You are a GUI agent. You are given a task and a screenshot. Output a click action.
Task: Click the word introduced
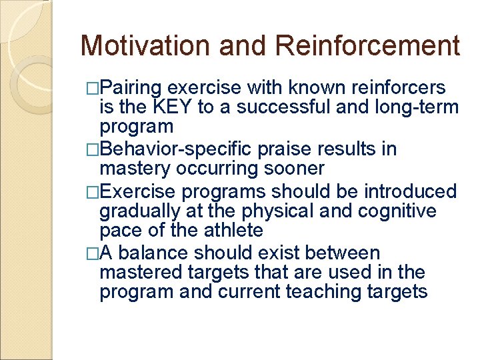pyautogui.click(x=410, y=191)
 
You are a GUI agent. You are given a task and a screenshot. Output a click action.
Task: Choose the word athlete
pyautogui.click(x=231, y=230)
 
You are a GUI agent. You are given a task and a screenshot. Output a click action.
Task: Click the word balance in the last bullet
pyautogui.click(x=159, y=253)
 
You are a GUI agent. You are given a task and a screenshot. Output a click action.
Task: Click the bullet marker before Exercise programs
pyautogui.click(x=93, y=192)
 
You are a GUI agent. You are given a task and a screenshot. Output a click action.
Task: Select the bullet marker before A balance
pyautogui.click(x=93, y=254)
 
